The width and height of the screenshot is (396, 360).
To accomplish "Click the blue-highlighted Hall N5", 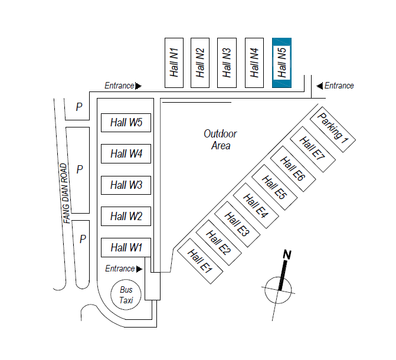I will click(282, 63).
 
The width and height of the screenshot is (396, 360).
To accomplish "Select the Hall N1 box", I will click(174, 63).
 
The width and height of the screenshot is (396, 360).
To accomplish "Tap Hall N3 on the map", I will click(227, 63).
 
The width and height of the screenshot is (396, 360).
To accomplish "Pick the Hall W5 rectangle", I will click(126, 123).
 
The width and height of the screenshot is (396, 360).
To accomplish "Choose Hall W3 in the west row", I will click(126, 185).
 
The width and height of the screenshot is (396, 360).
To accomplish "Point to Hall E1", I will click(199, 260).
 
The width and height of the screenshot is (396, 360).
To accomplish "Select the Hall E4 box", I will click(255, 204).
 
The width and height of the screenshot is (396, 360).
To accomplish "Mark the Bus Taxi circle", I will click(126, 294).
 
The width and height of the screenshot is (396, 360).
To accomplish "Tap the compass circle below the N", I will click(278, 289).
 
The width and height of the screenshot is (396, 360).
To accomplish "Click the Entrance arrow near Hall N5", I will click(320, 86).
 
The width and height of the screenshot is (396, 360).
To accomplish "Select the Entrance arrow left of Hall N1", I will click(138, 86).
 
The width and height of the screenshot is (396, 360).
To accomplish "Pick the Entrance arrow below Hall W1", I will click(139, 269).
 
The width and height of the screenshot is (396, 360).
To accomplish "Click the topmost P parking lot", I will click(78, 107).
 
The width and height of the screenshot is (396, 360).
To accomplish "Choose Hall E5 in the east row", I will click(273, 185).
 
